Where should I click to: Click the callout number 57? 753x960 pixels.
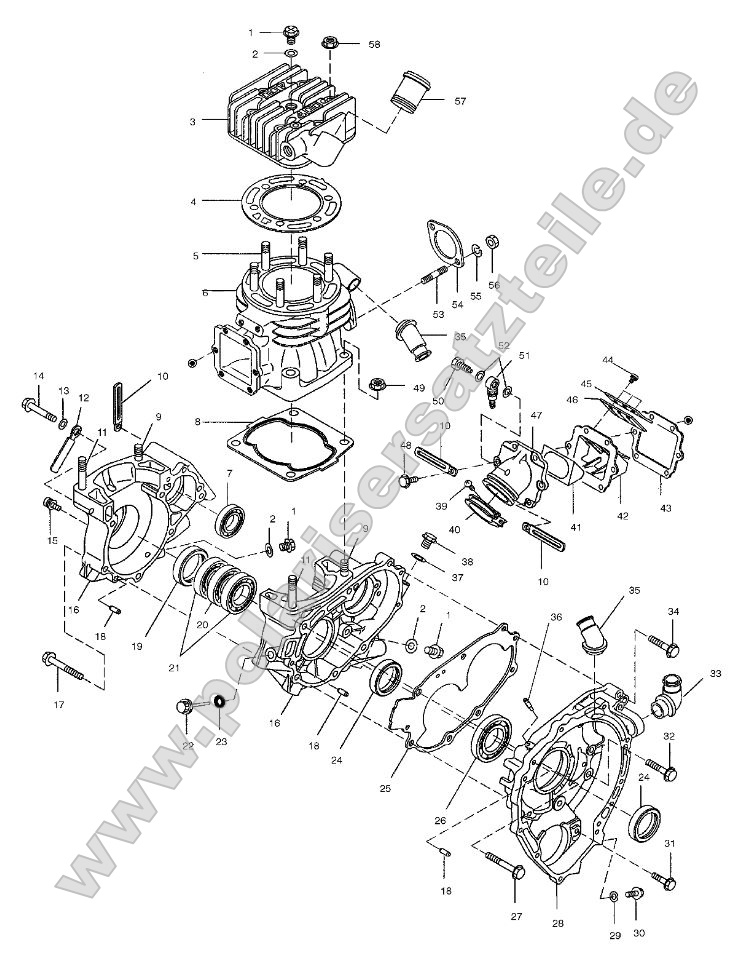pos(460,102)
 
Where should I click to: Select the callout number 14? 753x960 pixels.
pos(38,376)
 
